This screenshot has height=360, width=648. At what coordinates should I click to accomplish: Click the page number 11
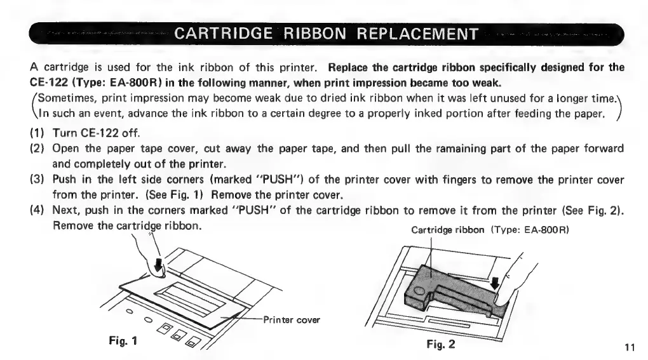point(630,347)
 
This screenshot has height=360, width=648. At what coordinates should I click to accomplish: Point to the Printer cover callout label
point(290,318)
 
